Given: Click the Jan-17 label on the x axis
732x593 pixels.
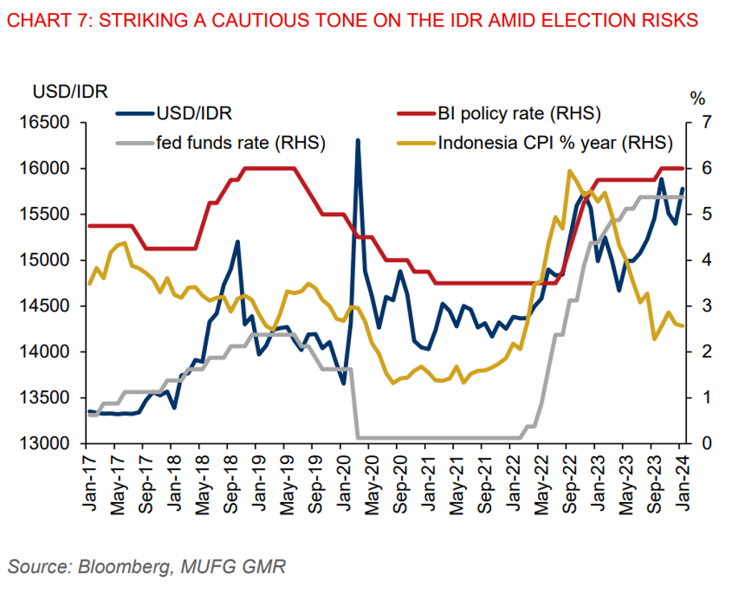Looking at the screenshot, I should [89, 484].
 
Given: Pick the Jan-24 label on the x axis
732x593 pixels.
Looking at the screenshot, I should [683, 484].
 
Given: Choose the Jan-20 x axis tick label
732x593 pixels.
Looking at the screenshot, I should [342, 484].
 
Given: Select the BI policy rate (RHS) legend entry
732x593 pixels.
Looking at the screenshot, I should [519, 112].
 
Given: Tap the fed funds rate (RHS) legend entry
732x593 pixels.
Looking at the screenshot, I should [241, 142].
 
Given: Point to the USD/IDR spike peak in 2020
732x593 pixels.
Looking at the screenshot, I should [357, 140].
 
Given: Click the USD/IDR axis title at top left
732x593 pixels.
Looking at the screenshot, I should [69, 91].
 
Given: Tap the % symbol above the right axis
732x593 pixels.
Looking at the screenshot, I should [697, 96].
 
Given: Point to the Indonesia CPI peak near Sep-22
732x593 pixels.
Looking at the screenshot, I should [569, 170].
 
